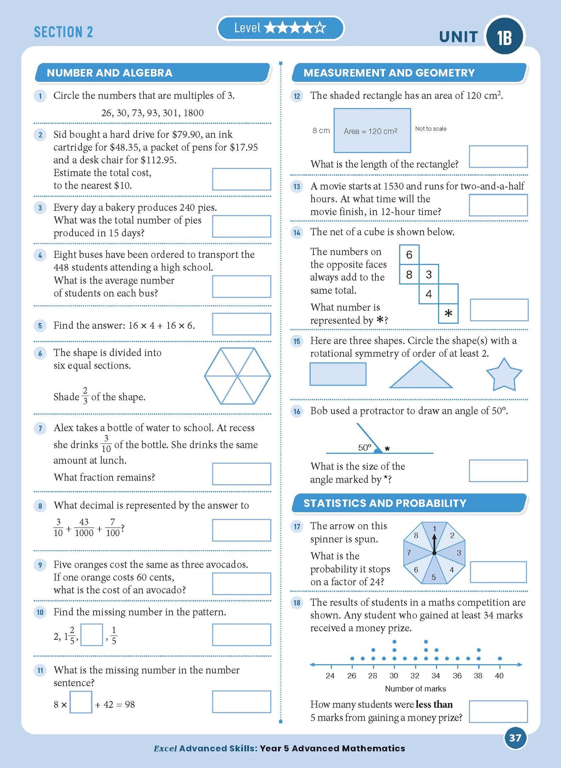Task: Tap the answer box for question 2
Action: (x=241, y=179)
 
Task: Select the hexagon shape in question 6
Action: (x=238, y=376)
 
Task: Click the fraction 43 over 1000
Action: (x=84, y=527)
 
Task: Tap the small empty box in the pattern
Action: (x=92, y=634)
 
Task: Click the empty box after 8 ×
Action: (x=81, y=702)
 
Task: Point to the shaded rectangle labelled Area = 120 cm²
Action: (x=372, y=130)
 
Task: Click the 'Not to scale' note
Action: (x=431, y=129)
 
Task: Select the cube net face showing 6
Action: (x=409, y=255)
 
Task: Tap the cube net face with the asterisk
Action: (x=448, y=314)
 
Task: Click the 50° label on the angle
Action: (x=365, y=448)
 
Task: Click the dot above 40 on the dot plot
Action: (x=500, y=659)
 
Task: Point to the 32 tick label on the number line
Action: (x=415, y=676)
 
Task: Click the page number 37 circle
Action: (x=515, y=738)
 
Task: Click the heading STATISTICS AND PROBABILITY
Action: (x=385, y=503)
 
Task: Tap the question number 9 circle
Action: (x=40, y=565)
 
